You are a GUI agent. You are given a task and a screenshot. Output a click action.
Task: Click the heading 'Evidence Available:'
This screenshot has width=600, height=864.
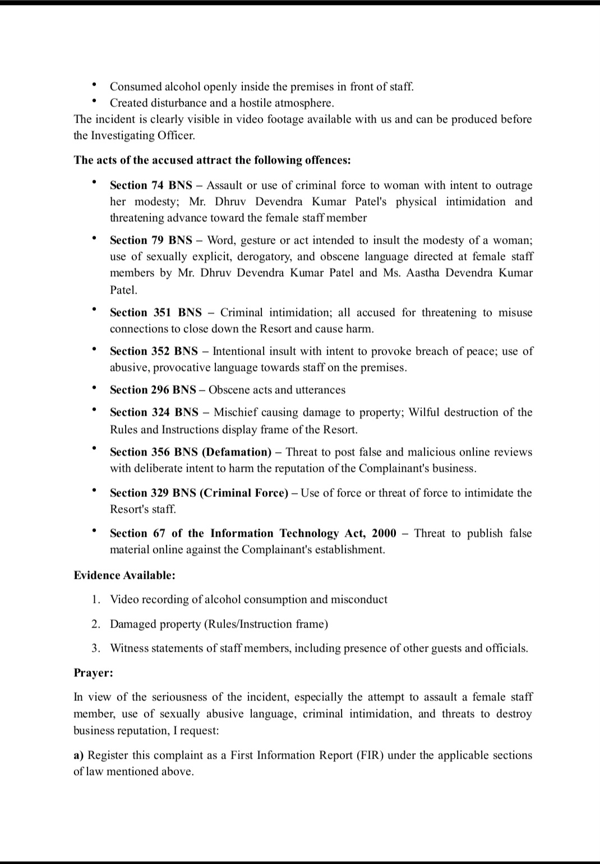(x=124, y=575)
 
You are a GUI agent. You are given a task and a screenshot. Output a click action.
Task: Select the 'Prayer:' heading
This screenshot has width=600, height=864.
(x=93, y=673)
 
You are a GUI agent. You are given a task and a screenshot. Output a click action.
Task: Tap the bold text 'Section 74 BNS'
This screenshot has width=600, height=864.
(x=151, y=185)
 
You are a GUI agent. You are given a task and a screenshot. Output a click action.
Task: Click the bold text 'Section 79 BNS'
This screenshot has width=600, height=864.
(x=151, y=240)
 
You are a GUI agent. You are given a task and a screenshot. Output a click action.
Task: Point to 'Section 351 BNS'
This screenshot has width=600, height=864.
(x=155, y=313)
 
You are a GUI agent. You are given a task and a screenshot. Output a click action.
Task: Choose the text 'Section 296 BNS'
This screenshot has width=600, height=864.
(x=153, y=390)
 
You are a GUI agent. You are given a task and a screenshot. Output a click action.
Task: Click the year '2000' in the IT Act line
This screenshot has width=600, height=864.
(x=384, y=533)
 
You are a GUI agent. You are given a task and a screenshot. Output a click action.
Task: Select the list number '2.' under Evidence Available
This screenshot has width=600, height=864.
(x=96, y=624)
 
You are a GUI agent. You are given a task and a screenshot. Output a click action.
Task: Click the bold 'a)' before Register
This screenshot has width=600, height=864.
(x=79, y=755)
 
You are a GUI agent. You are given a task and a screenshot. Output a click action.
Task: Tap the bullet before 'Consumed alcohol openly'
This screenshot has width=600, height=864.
(x=95, y=85)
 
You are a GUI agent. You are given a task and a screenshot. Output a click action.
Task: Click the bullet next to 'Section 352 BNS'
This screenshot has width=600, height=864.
(x=95, y=350)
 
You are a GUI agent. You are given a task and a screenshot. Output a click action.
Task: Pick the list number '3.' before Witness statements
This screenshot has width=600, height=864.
(x=96, y=648)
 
